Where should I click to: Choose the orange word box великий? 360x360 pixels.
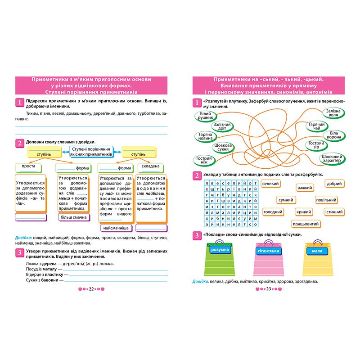tap(270, 184)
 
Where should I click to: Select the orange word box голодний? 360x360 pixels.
tap(273, 211)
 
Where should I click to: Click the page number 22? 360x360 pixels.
tap(91, 288)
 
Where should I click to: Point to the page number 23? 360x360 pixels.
tap(269, 288)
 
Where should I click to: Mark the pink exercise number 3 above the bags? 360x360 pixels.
tap(196, 235)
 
